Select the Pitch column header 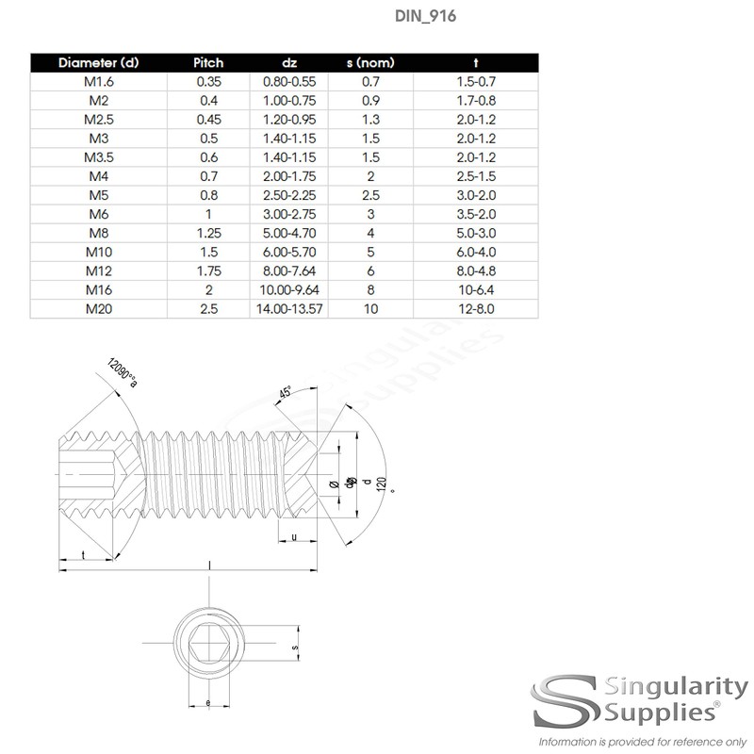(208, 63)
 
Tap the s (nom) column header (370, 63)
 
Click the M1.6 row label (98, 82)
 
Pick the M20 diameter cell (98, 308)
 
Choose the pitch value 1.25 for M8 (208, 233)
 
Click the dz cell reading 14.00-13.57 (289, 308)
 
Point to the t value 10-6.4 (475, 289)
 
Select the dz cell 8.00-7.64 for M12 (289, 270)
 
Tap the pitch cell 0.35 (208, 82)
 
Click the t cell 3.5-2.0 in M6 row (475, 214)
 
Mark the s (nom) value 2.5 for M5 (370, 195)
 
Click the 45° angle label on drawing (284, 392)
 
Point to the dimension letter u (295, 537)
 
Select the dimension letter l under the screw (208, 564)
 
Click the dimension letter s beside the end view (295, 648)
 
